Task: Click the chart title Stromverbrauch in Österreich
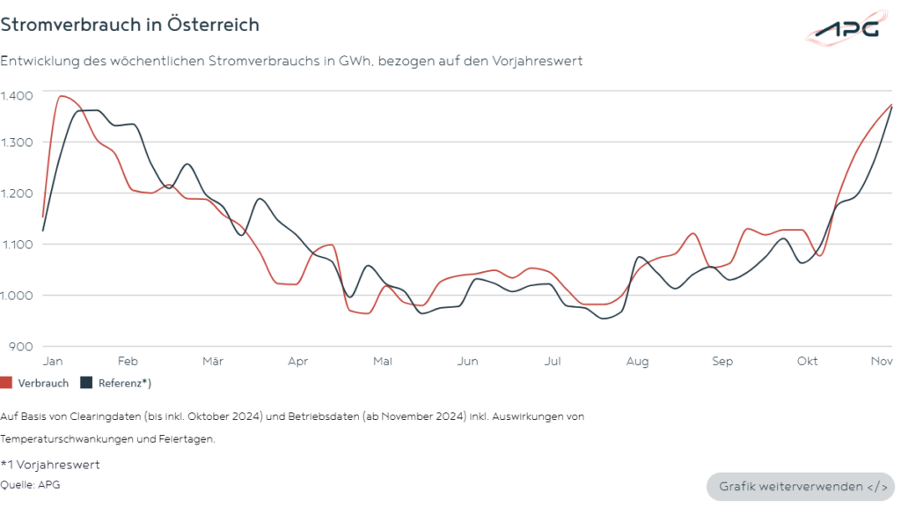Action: [130, 25]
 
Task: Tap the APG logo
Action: [846, 29]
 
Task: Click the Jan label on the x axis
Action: [53, 361]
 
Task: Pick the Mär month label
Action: [212, 361]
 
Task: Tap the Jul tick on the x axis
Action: [553, 361]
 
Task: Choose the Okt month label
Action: [807, 361]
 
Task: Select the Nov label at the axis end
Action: [883, 361]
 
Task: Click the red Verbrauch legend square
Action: [7, 383]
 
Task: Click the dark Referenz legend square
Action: [86, 383]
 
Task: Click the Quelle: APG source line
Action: [31, 483]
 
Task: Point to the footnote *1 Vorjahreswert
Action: [50, 465]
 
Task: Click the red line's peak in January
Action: [62, 96]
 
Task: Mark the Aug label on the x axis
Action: [638, 361]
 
